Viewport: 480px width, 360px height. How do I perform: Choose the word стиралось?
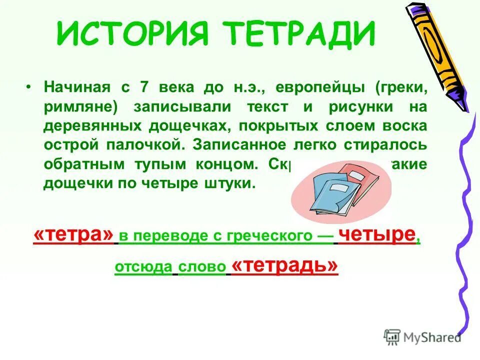point(390,145)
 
